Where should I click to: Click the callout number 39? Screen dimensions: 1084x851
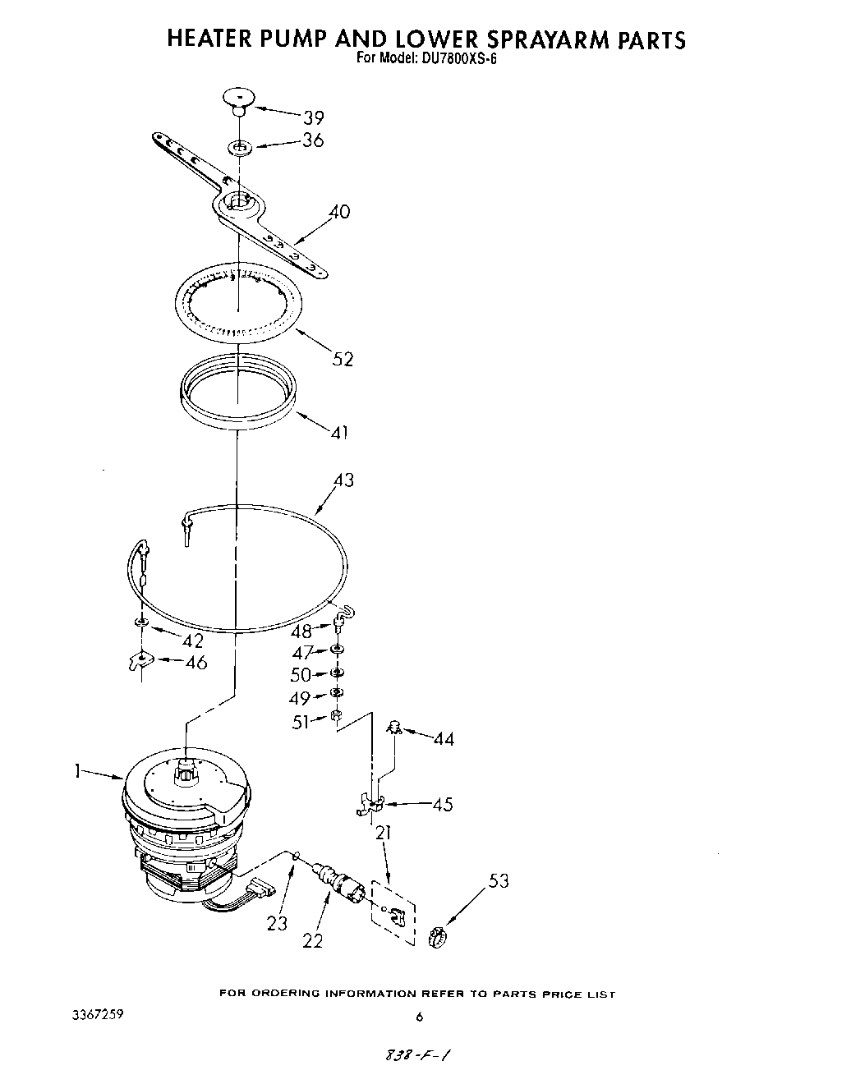click(313, 117)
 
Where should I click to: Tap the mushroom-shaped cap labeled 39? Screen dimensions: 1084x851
click(237, 99)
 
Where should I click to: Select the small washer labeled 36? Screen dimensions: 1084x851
click(240, 148)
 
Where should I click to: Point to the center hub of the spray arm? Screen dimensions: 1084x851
click(238, 200)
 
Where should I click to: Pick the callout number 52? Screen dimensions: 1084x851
click(342, 359)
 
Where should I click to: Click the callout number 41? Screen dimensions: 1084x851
click(339, 431)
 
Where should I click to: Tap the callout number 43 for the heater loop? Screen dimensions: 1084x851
click(343, 480)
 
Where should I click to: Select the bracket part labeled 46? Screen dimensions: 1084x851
click(141, 659)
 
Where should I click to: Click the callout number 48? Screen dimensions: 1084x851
click(301, 631)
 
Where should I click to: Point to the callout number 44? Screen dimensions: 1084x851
click(444, 739)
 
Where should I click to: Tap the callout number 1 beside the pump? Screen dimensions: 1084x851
click(77, 771)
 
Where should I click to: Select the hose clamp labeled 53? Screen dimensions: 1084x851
click(439, 935)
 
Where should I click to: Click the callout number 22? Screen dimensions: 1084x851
click(313, 941)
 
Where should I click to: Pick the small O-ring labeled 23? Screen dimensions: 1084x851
click(295, 857)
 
